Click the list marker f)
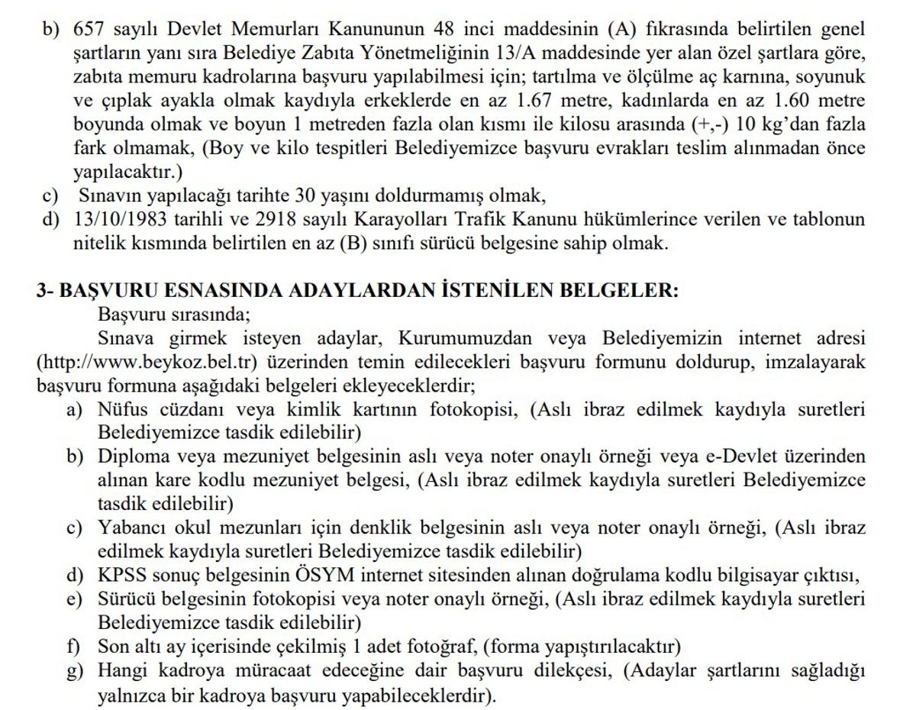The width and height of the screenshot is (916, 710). (73, 647)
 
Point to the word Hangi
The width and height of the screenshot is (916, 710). (120, 671)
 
